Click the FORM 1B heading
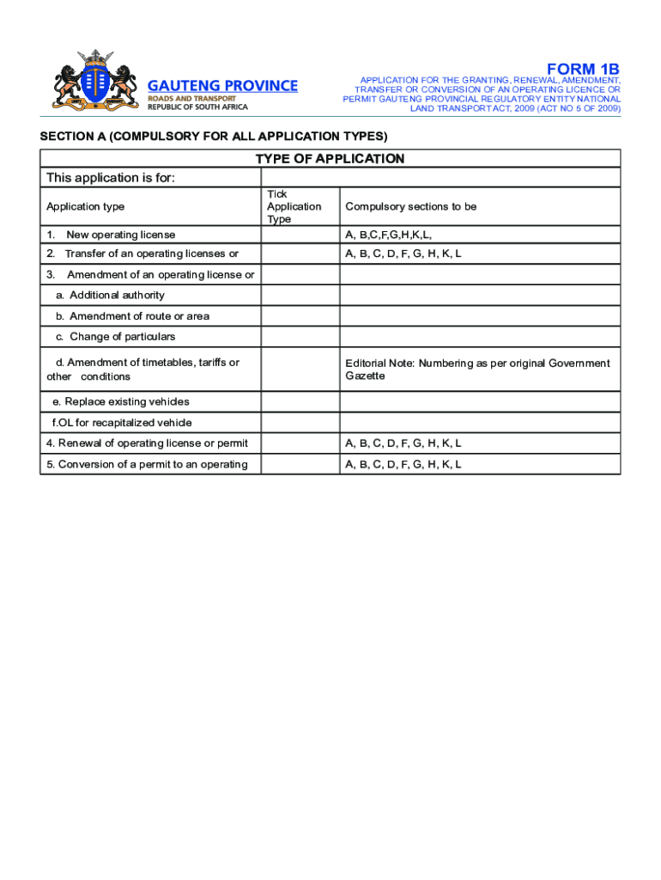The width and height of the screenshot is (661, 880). coord(583,69)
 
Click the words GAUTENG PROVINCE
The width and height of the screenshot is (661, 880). coord(222,85)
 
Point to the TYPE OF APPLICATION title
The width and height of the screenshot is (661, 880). coord(330,159)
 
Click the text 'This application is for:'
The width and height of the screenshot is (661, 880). coord(110,178)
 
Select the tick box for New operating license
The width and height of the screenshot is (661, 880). coord(300,235)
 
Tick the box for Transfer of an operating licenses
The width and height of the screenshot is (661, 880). coord(300,254)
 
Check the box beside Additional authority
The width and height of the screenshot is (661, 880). coord(300,296)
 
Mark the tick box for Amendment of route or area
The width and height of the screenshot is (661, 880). coord(300,316)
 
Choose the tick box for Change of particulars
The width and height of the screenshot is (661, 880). coord(300,337)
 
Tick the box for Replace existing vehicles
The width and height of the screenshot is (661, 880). coord(300,402)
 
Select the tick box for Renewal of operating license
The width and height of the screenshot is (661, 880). coord(300,443)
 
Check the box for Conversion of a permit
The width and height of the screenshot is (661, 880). coord(300,464)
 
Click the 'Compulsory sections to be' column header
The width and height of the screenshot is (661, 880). coord(410,206)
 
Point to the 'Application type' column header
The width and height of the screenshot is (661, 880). coord(85,206)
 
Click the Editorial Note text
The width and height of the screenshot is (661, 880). coord(477,370)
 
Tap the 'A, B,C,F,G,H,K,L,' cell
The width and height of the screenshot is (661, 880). coord(388,235)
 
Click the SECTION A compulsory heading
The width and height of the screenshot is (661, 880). coord(214,137)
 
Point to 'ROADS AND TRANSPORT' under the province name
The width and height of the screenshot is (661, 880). coord(191,99)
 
